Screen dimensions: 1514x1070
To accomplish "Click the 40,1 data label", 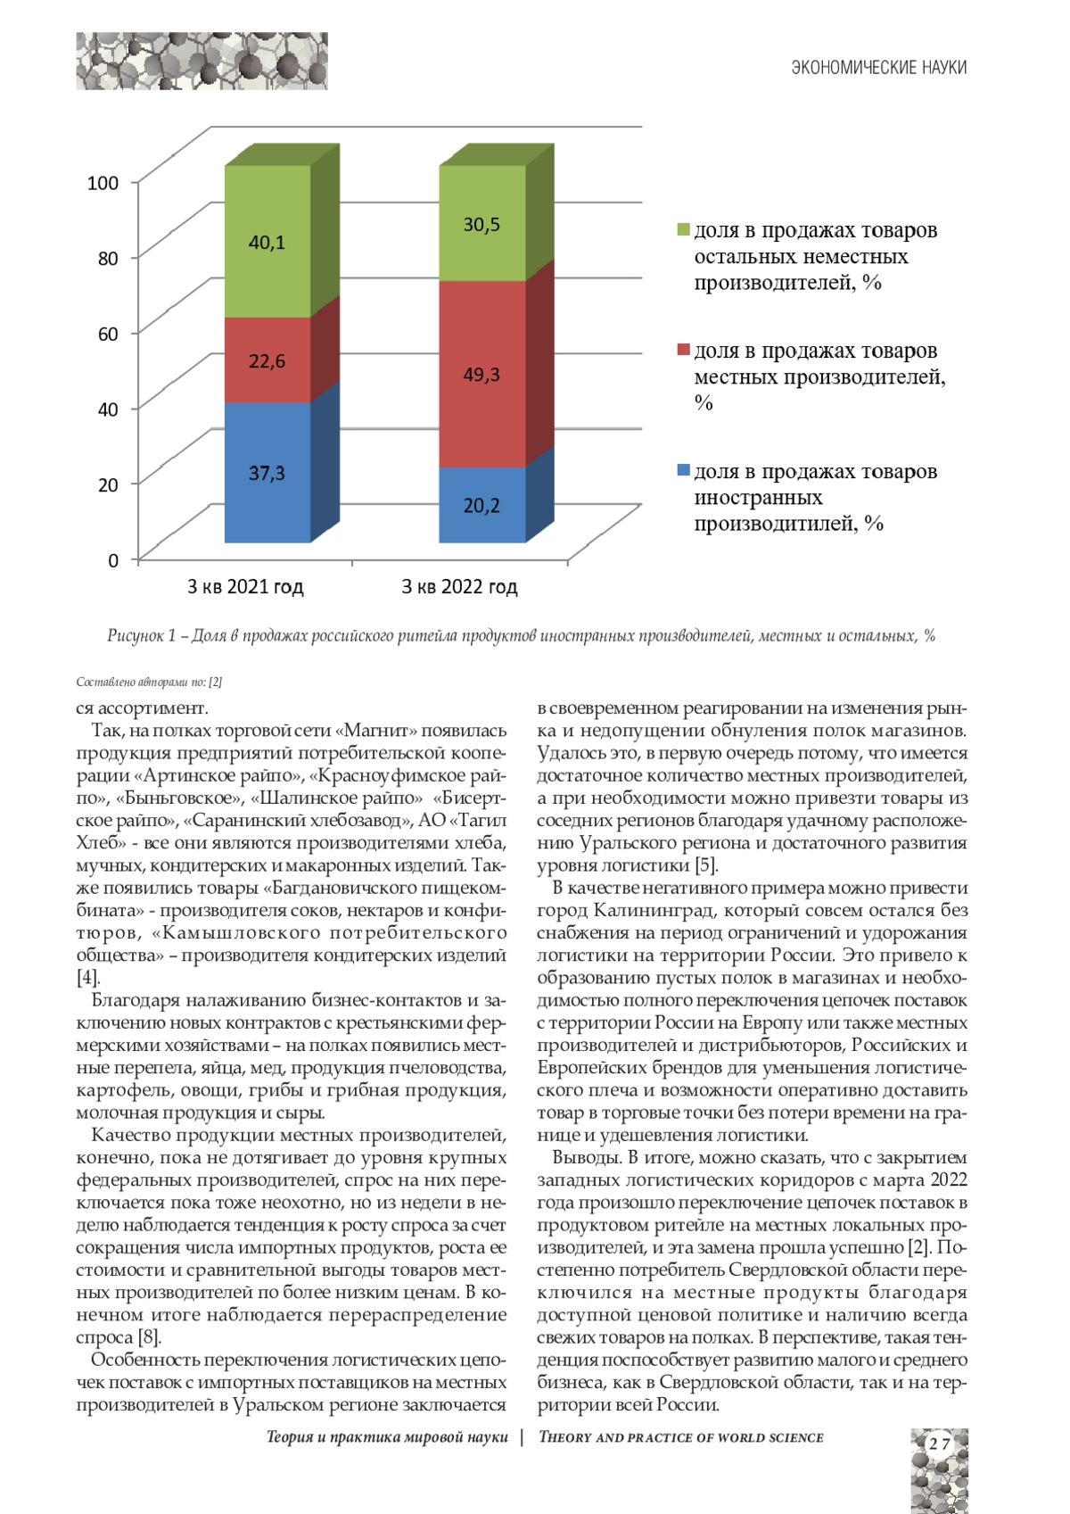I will coord(267,243).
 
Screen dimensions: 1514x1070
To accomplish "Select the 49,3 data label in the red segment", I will coord(481,375).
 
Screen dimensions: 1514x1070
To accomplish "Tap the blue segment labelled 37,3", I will coord(267,473).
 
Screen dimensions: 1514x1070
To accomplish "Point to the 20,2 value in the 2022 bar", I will coord(481,506).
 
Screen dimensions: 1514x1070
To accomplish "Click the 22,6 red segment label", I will coord(267,361).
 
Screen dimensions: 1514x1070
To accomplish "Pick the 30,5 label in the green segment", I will coord(481,225).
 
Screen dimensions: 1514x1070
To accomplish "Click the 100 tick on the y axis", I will coord(103,183).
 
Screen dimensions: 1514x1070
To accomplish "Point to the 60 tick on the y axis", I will coord(107,334).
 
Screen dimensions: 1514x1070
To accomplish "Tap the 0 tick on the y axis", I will coord(113,560).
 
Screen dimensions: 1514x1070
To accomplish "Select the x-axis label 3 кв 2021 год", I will coord(245,587).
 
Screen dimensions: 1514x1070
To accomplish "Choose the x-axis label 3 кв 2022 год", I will coord(459,587).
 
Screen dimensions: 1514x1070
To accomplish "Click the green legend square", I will coord(684,230).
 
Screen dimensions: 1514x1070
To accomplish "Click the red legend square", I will coord(684,350).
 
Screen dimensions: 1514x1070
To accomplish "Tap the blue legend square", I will coord(684,470).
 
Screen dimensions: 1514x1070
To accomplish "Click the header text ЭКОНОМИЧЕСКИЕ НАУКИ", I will coord(878,68).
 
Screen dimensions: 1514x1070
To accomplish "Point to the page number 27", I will coord(939,1444).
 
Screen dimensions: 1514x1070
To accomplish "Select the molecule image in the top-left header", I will coord(202,61).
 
